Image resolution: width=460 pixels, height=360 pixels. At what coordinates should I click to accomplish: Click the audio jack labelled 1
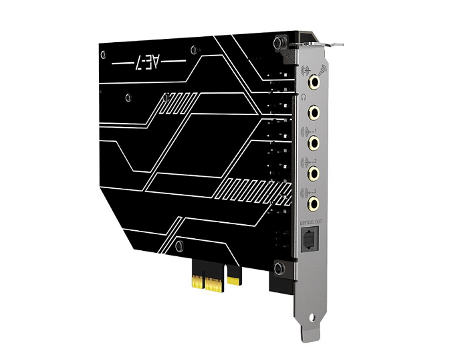(x=314, y=142)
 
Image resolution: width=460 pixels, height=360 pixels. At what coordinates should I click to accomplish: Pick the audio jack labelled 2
(x=314, y=172)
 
